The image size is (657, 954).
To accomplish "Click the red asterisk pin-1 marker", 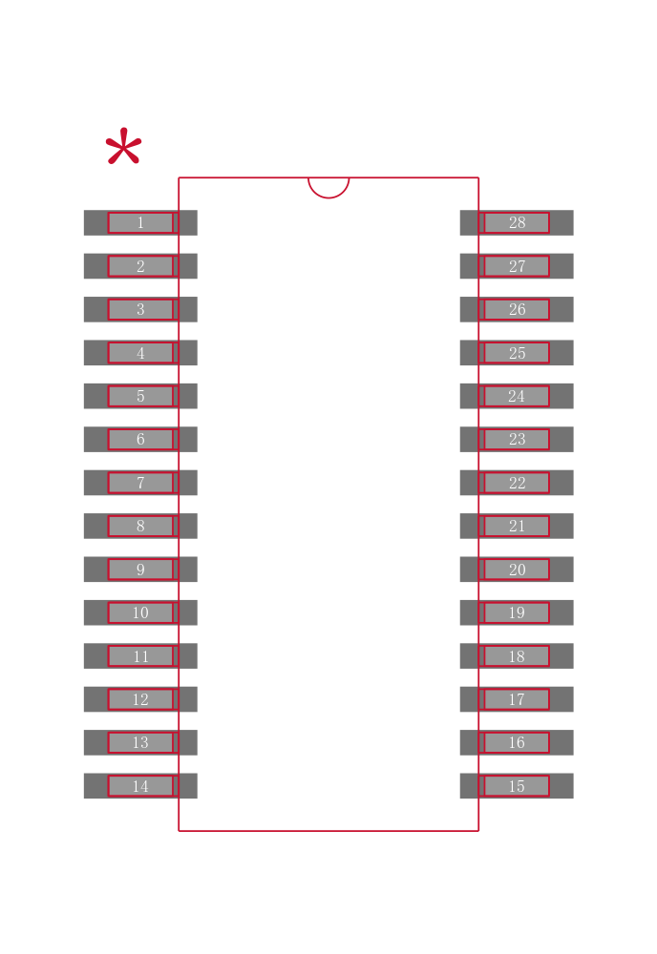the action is coord(123,146).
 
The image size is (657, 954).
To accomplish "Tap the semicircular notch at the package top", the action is coord(328,188).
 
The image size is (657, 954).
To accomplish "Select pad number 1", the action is coord(140,222).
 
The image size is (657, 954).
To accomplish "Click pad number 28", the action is coord(517,222).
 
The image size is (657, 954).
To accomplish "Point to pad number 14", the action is coord(140,785).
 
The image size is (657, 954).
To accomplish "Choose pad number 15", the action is coord(517,785).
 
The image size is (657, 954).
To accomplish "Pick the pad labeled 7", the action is coord(140,483).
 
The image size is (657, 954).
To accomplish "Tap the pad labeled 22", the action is coord(517,483).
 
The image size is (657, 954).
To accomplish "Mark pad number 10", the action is coord(140,612).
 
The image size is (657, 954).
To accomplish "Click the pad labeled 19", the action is coord(517,612).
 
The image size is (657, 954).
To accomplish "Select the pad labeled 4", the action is coord(140,353).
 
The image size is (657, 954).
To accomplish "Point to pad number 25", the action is coord(517,353).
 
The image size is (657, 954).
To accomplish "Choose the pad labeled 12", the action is coord(140,699).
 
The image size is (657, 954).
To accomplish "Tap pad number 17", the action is coord(517,699).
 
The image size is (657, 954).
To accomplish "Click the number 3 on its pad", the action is coord(140,310).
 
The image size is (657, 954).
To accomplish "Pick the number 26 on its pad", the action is coord(517,310).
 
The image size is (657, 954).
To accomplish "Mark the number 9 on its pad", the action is coord(140,570).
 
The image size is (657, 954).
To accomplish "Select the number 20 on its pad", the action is coord(517,570).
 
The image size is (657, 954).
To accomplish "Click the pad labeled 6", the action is coord(140,439).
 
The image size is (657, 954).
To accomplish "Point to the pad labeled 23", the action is coord(517,439).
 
